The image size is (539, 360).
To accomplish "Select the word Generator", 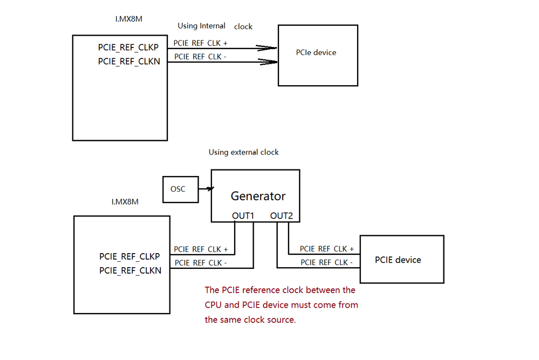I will (258, 196).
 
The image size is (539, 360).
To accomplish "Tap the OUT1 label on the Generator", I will (243, 216).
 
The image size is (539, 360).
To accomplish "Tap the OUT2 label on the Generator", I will (281, 216).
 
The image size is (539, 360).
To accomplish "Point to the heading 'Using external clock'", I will (243, 152).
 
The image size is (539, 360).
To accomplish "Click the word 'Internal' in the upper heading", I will (213, 26).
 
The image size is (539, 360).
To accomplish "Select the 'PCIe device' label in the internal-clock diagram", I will (316, 52).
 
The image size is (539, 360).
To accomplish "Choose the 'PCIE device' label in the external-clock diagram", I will (398, 260).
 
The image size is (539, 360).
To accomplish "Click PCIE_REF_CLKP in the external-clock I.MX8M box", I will (130, 256).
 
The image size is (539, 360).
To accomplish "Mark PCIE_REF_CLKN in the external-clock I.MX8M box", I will (130, 270).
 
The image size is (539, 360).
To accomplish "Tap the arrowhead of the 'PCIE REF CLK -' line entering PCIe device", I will (268, 62).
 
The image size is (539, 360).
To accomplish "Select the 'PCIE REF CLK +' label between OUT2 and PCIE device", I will (326, 249).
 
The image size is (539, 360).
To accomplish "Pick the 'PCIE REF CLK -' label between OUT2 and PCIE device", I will (326, 262).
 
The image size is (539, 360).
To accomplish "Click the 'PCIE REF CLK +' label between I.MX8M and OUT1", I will (201, 249).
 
